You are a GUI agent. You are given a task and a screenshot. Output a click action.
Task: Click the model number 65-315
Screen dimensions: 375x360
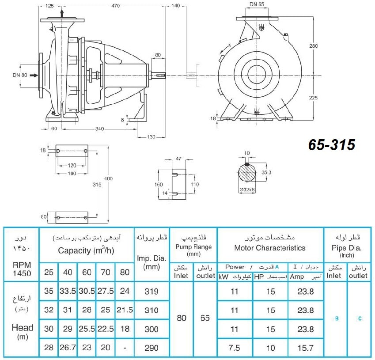point(331,145)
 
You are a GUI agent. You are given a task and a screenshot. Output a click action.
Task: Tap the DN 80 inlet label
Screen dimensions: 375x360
point(20,75)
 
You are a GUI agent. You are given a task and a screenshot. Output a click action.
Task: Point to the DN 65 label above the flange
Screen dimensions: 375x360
point(257,4)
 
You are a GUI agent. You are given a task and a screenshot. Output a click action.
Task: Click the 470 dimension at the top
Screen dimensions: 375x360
point(116,5)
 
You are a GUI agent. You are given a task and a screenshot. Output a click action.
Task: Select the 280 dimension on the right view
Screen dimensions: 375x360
point(313,45)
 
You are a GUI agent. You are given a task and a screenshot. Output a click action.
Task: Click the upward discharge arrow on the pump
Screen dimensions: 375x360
point(62,13)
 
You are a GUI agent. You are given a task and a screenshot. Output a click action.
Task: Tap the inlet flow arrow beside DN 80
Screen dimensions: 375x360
point(34,75)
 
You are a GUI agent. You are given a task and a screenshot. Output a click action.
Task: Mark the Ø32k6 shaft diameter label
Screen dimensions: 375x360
point(247,189)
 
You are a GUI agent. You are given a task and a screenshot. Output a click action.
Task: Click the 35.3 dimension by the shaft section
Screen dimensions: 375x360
point(266,172)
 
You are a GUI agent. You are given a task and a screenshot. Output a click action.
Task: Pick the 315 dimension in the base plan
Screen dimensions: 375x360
point(97,185)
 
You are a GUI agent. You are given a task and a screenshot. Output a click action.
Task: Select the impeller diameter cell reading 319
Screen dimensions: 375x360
point(152,292)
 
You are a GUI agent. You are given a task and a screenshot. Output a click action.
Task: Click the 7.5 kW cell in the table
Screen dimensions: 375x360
point(234,348)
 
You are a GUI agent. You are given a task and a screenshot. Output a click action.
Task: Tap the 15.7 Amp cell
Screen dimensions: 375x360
point(305,348)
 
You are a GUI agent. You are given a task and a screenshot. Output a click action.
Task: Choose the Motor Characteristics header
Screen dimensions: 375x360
point(270,248)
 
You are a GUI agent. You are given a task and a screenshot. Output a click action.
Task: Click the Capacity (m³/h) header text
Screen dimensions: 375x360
point(86,250)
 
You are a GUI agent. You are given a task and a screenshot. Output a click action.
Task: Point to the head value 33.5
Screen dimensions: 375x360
point(68,291)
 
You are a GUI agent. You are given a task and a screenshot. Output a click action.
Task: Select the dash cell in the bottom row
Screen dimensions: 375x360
point(125,348)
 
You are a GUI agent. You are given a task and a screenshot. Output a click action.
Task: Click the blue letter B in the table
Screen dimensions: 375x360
point(337,318)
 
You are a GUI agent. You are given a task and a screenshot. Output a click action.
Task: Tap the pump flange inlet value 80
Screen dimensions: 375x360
point(182,318)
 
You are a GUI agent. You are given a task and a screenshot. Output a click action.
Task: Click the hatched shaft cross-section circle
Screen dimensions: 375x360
point(247,173)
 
